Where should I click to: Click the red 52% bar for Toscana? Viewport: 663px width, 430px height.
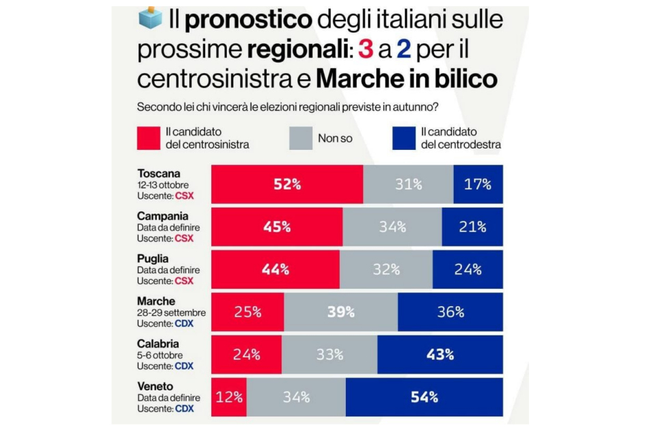click(286, 184)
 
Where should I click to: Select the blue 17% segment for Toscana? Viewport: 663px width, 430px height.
click(478, 184)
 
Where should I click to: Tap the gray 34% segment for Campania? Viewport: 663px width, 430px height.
click(392, 227)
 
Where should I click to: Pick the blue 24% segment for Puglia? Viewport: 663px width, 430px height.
click(467, 269)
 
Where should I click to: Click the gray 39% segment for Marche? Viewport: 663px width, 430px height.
click(340, 312)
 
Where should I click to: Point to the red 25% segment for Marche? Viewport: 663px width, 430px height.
click(247, 312)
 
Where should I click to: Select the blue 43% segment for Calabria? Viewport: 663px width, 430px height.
click(439, 355)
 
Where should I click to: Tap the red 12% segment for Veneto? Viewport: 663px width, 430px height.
click(229, 397)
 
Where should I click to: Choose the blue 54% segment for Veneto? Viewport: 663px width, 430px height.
click(424, 397)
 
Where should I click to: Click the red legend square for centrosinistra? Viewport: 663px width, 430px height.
click(148, 138)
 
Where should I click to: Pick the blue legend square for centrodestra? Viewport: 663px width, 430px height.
click(404, 138)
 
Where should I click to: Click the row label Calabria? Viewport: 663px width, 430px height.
click(159, 344)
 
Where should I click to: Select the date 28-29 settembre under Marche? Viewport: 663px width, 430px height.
click(171, 313)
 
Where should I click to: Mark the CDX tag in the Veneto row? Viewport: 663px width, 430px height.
click(184, 409)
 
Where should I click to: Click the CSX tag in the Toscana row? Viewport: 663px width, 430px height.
click(184, 195)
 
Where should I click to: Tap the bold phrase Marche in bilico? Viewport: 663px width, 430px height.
click(406, 79)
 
